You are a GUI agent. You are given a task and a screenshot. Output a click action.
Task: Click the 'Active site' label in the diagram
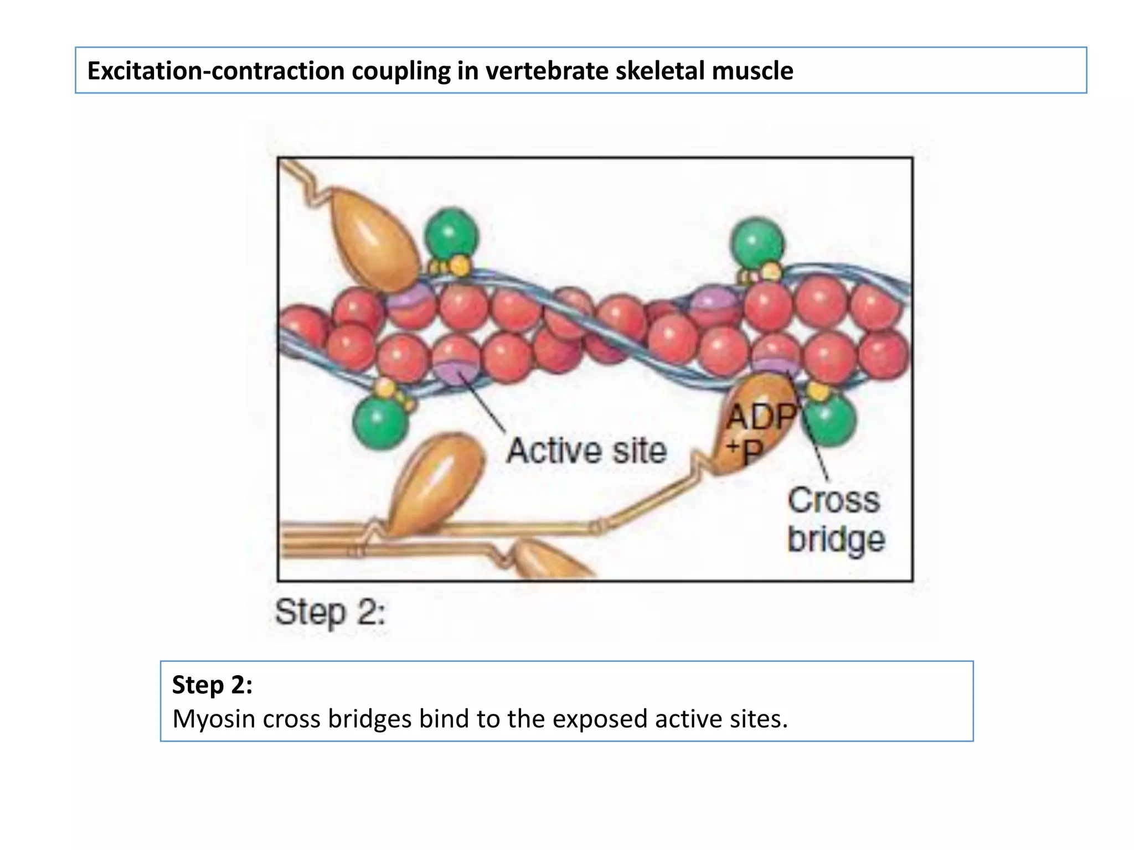point(586,450)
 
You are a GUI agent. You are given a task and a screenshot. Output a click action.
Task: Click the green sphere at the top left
point(451,234)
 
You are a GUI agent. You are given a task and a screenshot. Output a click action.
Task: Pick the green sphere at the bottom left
point(380,422)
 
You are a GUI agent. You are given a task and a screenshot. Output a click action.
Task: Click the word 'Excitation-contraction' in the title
point(215,71)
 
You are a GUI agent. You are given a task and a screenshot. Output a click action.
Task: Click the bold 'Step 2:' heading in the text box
point(212,685)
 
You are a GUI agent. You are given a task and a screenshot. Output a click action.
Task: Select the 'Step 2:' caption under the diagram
point(330,613)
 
